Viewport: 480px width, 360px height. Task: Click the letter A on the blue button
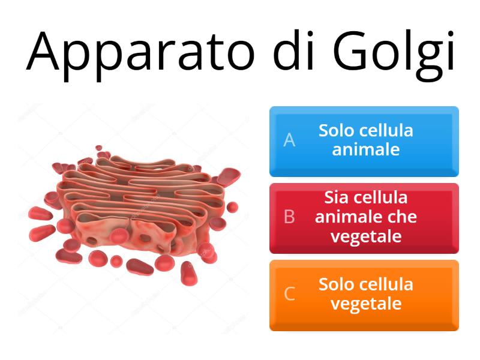click(289, 140)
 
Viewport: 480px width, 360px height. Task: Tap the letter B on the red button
click(289, 217)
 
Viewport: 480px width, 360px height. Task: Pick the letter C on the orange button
click(289, 294)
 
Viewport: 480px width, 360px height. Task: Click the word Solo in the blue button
click(337, 130)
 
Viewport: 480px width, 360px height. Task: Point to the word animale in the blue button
click(366, 149)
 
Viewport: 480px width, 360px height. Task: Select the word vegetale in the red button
click(366, 236)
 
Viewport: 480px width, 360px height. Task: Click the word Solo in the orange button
click(337, 284)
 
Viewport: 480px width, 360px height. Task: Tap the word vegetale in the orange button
click(366, 304)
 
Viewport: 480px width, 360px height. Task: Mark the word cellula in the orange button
click(387, 284)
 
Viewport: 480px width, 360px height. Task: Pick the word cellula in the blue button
click(387, 130)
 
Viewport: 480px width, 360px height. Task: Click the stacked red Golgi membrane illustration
click(132, 204)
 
